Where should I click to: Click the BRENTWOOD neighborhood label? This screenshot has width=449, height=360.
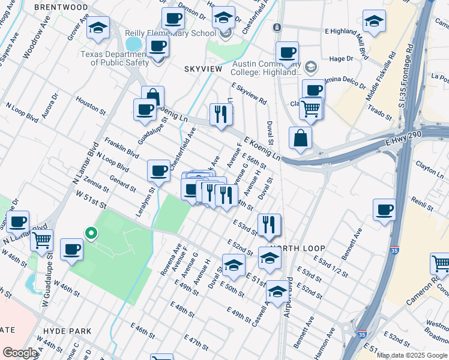coord(61,7)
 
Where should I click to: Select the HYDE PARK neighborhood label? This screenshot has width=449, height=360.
coord(67,331)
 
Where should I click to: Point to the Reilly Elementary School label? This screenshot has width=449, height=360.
coord(170,34)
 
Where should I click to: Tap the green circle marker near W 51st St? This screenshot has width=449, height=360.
coord(90,233)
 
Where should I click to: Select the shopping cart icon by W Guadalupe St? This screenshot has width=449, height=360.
coord(41,240)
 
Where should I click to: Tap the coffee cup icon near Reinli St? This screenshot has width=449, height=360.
coord(384,210)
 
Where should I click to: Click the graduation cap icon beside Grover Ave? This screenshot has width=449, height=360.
coord(98,27)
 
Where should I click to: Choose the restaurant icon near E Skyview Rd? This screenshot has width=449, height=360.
coord(221,113)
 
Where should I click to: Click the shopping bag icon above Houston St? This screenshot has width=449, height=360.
coord(153,97)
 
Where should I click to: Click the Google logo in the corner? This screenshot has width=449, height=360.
coord(20,353)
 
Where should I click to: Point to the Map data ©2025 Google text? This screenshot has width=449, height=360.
coord(411,355)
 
